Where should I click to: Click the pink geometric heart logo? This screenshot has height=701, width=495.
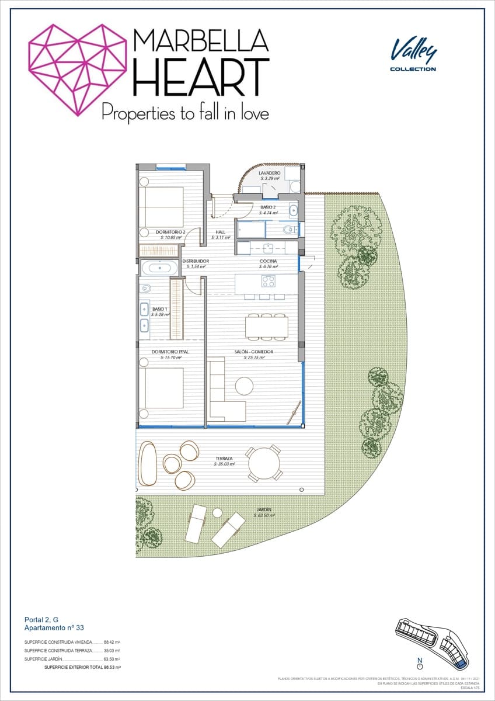(78, 69)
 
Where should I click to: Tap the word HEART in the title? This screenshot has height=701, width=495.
(201, 77)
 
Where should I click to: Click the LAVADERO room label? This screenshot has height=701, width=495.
(270, 173)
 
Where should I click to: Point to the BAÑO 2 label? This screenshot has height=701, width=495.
(268, 207)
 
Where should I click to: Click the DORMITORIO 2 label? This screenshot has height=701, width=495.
(170, 232)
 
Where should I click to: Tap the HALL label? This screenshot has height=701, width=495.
(220, 232)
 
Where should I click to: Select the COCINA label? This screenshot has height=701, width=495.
(269, 261)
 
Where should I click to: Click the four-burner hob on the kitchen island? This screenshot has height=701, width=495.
(269, 281)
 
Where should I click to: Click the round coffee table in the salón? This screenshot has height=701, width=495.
(244, 386)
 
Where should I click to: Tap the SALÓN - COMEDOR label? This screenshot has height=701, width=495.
(254, 352)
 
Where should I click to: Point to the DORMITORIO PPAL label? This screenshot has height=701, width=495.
(170, 352)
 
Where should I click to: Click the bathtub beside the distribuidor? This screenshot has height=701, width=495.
(160, 268)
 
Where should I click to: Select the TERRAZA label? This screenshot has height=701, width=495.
(224, 459)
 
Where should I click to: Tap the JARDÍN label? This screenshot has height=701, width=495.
(263, 509)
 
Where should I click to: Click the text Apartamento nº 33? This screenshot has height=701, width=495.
(54, 627)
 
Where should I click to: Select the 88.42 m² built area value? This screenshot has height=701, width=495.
(111, 642)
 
